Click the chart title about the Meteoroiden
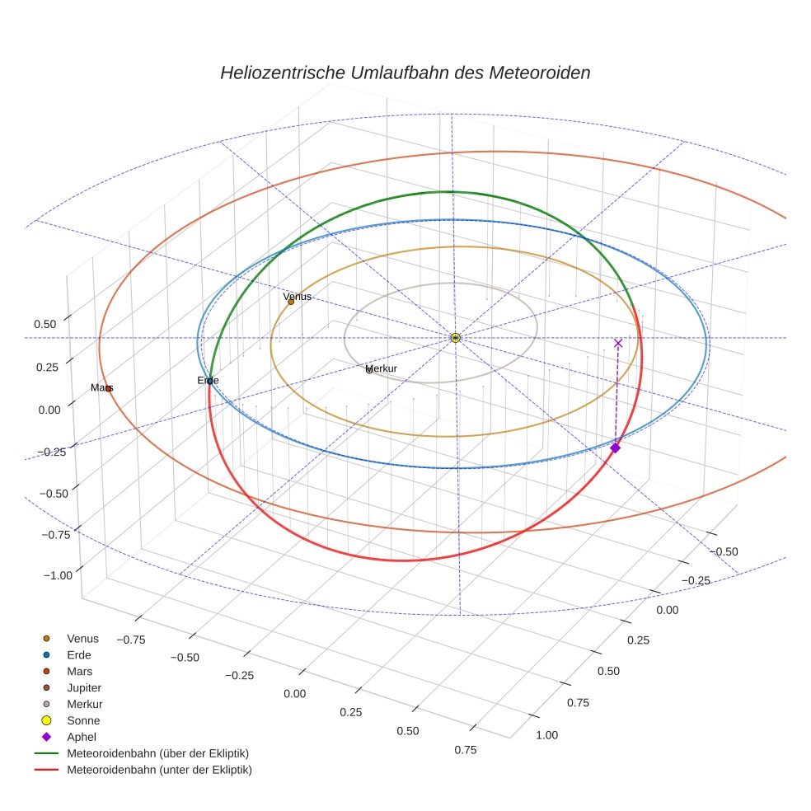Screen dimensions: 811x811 tap(405, 73)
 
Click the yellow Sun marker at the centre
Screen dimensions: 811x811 tap(455, 337)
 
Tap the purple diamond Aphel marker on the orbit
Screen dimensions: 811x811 tap(615, 448)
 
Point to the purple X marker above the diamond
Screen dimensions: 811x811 tap(618, 343)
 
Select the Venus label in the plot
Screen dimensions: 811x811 tap(297, 297)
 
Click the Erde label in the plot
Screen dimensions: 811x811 tap(208, 380)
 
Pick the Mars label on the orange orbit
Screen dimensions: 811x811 tap(101, 387)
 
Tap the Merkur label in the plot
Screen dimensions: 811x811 tap(381, 368)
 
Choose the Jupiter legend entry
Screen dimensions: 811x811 tap(83, 687)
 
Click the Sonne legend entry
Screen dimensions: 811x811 tap(82, 720)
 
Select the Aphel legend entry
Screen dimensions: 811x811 tap(81, 737)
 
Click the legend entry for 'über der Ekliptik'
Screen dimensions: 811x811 tap(157, 753)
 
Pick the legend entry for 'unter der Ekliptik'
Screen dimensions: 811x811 tap(159, 770)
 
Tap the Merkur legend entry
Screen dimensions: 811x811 tap(84, 704)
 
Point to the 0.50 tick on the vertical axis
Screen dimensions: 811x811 tap(45, 324)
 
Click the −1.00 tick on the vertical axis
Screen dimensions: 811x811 tap(54, 574)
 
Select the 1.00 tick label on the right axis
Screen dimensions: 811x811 tap(546, 735)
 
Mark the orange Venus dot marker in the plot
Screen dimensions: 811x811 tap(291, 302)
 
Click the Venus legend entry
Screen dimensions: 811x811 tap(82, 638)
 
